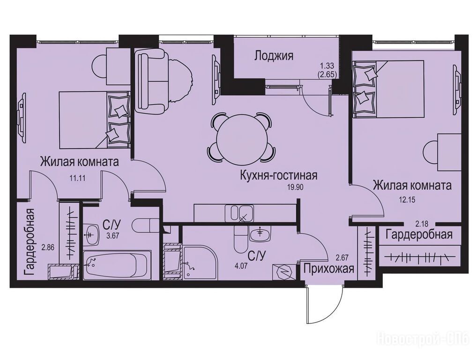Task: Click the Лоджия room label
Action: [274, 56]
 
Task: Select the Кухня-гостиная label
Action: [279, 175]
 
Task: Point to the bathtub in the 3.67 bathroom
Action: [117, 264]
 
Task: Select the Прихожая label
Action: [329, 269]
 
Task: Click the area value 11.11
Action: [77, 178]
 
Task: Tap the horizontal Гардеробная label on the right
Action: [419, 234]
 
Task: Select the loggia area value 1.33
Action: [327, 65]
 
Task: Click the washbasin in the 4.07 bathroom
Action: [260, 234]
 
